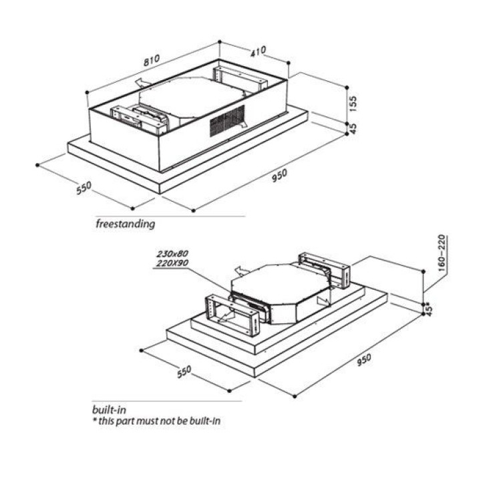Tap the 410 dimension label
pyautogui.click(x=259, y=50)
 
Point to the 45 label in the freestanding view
pyautogui.click(x=354, y=127)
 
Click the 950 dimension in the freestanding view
pyautogui.click(x=279, y=174)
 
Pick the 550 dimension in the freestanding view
pyautogui.click(x=83, y=188)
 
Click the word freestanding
pyautogui.click(x=125, y=224)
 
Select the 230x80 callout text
pyautogui.click(x=173, y=254)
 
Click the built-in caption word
pyautogui.click(x=110, y=408)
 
